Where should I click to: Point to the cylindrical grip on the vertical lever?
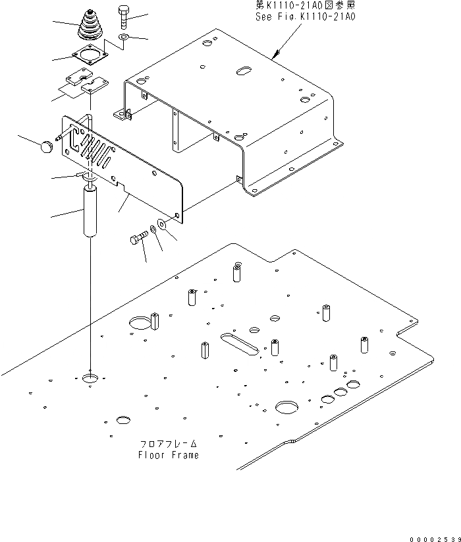(x=90, y=211)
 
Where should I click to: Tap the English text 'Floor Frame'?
(x=168, y=455)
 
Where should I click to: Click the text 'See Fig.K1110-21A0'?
(x=305, y=15)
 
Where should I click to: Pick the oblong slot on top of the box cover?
(x=244, y=70)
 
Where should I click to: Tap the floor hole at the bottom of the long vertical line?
(x=90, y=379)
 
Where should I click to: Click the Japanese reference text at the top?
(x=305, y=5)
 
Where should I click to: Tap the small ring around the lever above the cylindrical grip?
(x=88, y=177)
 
